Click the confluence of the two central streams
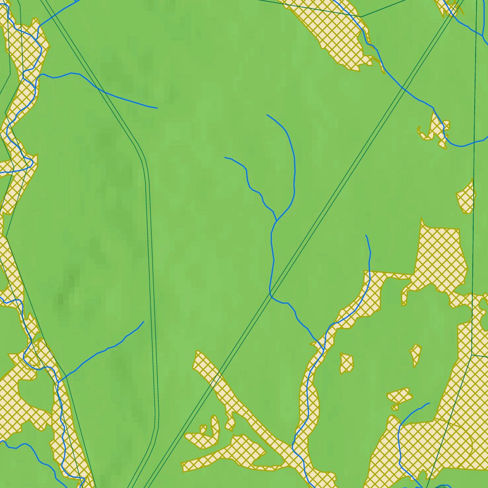[x=277, y=221]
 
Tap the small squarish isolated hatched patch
[x=346, y=363]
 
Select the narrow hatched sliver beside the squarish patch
[x=416, y=355]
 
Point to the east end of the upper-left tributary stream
[x=157, y=108]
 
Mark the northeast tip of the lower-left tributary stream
[x=144, y=321]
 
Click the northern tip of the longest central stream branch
[x=267, y=115]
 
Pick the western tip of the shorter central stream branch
[x=225, y=157]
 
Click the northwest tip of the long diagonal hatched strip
[x=197, y=354]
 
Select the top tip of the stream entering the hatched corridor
[x=366, y=235]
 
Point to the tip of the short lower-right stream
[x=429, y=403]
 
